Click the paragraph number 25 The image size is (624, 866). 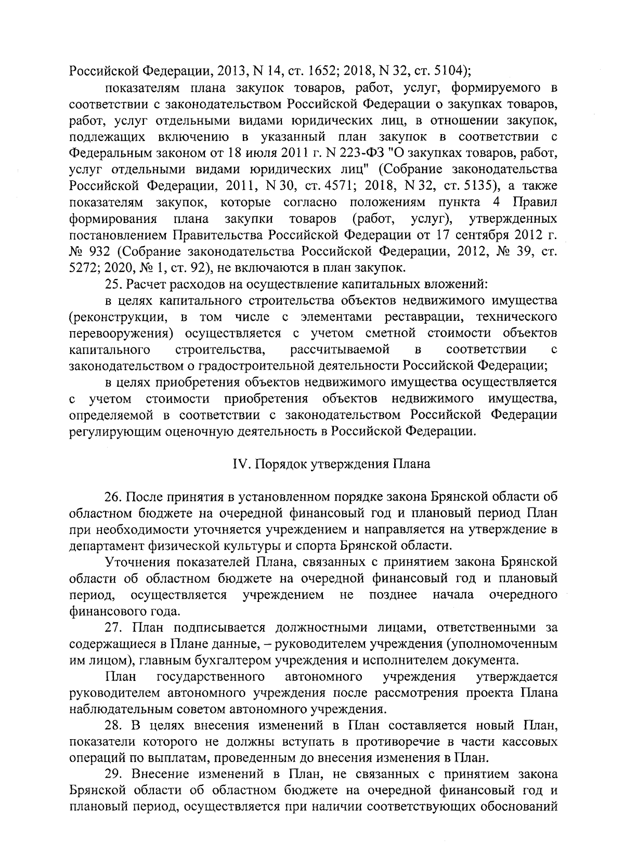(113, 284)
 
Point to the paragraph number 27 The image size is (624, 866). (113, 628)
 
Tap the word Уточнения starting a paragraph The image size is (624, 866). (138, 561)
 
